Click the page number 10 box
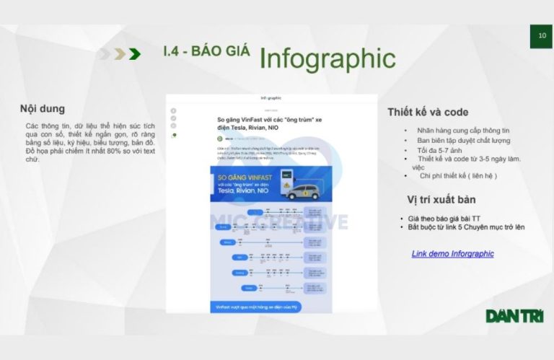pos(541,35)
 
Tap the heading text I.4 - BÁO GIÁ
pos(206,51)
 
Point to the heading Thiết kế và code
pos(428,112)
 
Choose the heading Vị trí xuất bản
pos(441,199)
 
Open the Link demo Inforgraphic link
pos(452,254)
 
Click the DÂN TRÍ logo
pos(514,316)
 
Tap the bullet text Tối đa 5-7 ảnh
pos(441,149)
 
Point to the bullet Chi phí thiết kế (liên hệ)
pos(459,175)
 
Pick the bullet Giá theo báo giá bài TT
pos(448,218)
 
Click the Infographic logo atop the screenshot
pos(271,98)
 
